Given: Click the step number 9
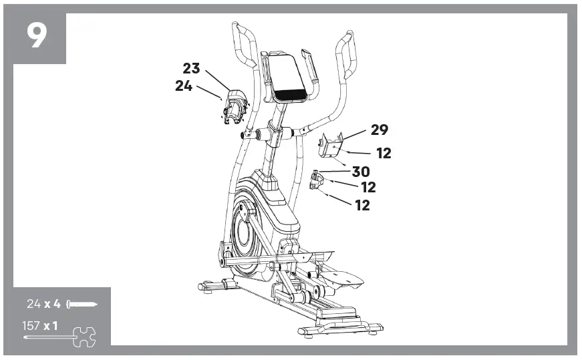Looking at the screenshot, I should pos(37,36).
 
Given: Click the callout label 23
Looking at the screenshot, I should pos(192,68).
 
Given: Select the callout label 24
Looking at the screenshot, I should pos(184,85).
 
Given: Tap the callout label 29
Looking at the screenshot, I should pos(379,130).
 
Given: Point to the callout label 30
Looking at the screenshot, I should pos(360,172).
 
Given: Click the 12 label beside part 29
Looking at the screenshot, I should pos(383,153).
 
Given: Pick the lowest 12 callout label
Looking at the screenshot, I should pos(361,205).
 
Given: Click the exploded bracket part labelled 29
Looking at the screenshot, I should pos(331,146).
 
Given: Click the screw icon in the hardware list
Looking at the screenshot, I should pos(82,305).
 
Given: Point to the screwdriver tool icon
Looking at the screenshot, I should pos(60,335).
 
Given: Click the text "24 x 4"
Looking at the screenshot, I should pos(44,305).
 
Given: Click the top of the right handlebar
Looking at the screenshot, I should pos(348,35).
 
